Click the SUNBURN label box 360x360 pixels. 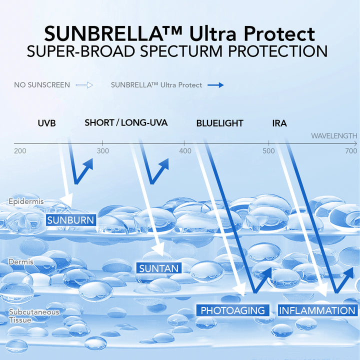pos(71,220)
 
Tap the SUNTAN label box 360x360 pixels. pos(159,268)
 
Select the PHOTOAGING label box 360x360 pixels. pos(233,310)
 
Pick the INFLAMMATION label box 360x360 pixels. pos(317,310)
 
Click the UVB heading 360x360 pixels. pos(47,123)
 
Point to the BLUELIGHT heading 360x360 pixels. pos(219,123)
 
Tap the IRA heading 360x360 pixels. pos(279,123)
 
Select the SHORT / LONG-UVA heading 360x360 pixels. pos(126,122)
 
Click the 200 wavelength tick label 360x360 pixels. pos(20,151)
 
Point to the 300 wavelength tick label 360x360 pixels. pos(103,151)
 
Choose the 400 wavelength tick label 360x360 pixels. pos(185,151)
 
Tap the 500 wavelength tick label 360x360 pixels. pos(268,151)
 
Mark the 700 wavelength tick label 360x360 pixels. pos(351,151)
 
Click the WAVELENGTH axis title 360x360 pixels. pos(334,136)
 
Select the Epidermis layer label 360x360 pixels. pos(26,201)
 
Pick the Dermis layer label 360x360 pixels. pos(21,261)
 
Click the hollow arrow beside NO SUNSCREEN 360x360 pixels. pos(84,85)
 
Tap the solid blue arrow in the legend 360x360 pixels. pos(215,85)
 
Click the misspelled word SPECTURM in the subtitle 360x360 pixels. pos(181,51)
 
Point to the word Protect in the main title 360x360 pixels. pos(279,34)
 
